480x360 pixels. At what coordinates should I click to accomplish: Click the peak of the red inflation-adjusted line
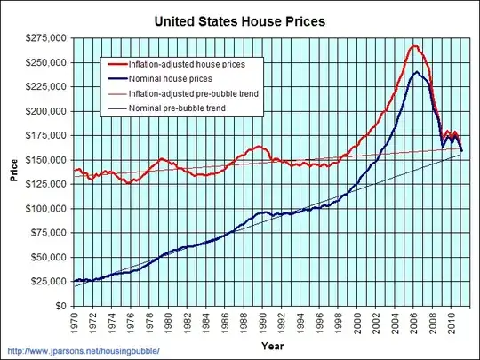413,45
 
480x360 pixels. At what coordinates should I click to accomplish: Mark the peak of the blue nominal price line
416,72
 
